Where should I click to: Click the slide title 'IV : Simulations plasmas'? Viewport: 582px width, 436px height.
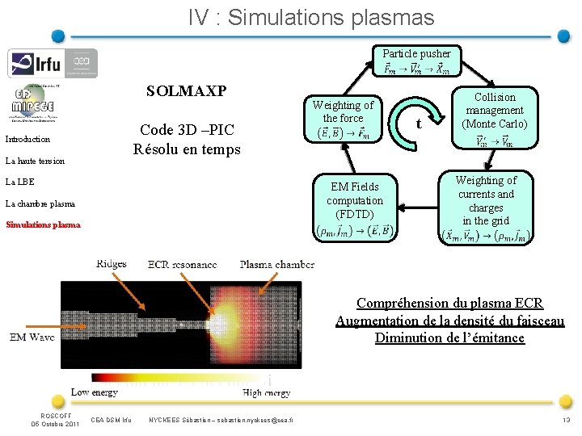tap(312, 17)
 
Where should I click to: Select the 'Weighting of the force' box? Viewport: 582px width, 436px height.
tap(343, 119)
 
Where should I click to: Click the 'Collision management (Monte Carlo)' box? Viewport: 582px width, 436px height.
tap(494, 117)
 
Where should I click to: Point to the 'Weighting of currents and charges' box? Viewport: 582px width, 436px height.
tap(486, 208)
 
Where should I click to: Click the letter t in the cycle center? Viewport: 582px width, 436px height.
tap(418, 124)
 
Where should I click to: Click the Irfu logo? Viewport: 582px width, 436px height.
tap(53, 63)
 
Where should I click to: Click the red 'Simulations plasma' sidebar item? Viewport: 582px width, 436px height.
tap(43, 224)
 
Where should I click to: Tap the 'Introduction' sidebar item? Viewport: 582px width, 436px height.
tap(27, 139)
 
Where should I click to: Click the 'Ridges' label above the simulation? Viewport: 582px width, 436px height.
tap(111, 264)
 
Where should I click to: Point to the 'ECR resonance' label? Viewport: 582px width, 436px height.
tap(183, 264)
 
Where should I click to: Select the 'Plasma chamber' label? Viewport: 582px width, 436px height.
tap(276, 264)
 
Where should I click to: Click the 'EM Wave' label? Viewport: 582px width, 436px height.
tap(32, 337)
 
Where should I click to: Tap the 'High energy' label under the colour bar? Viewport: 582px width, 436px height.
tap(266, 392)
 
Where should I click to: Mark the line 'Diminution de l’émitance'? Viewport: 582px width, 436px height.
tap(449, 337)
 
